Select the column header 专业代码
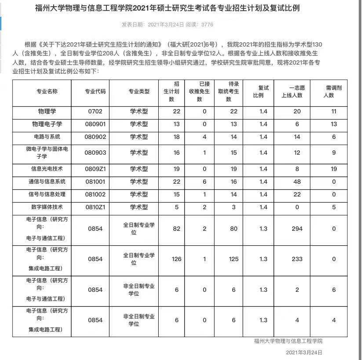[x=95, y=91]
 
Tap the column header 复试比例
[x=263, y=91]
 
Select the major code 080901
[x=95, y=124]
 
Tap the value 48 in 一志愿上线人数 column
[x=297, y=182]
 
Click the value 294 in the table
[x=297, y=229]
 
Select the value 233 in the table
[x=297, y=259]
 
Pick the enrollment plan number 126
[x=176, y=259]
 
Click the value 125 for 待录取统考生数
[x=234, y=259]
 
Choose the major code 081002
[x=95, y=194]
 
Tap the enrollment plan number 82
[x=176, y=229]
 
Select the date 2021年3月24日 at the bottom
[x=304, y=353]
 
